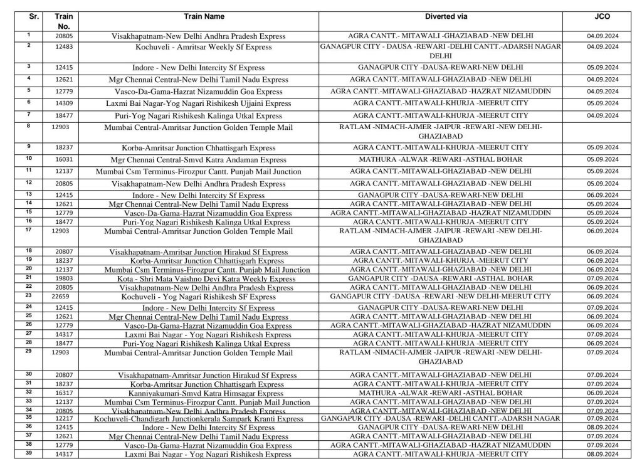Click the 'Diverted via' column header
point(446,17)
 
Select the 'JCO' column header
point(602,17)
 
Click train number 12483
point(63,47)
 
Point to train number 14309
point(63,103)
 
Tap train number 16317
point(63,393)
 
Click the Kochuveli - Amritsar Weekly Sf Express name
point(204,47)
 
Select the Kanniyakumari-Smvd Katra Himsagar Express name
point(204,393)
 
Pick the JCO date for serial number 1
point(603,36)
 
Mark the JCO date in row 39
point(603,454)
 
